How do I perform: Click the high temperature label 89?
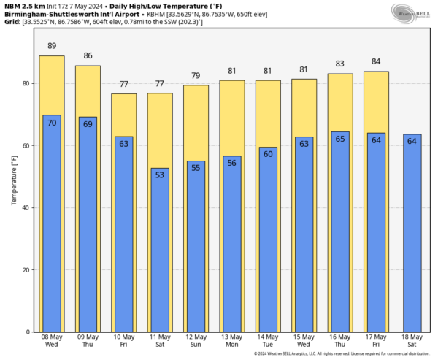52,46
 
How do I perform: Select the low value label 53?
160,175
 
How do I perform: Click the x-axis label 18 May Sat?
412,341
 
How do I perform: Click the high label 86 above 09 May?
88,55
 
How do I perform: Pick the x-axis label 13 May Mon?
231,341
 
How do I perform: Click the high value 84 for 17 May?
376,61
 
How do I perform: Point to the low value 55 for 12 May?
196,168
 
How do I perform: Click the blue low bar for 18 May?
412,234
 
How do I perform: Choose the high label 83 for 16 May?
339,64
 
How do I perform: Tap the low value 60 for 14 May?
268,154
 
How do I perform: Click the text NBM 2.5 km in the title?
26,6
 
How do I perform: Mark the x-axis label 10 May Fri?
123,341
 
